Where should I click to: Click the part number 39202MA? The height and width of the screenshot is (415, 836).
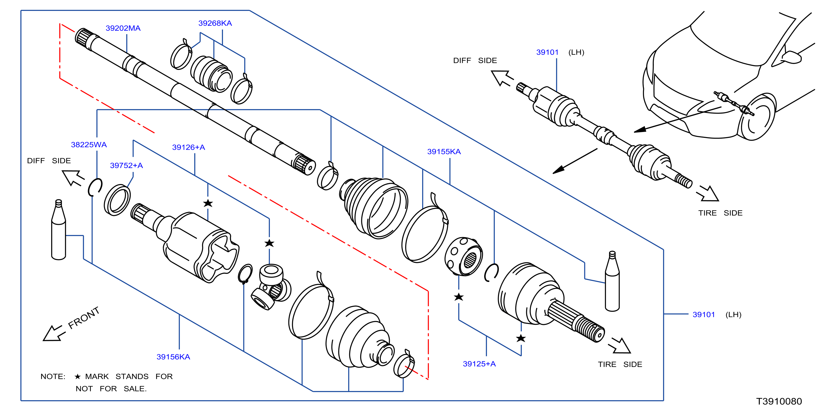pos(123,28)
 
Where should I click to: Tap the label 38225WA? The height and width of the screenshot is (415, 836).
pos(89,145)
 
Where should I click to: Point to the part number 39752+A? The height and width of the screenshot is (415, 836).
pos(127,166)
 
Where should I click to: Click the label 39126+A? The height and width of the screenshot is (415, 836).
pos(189,147)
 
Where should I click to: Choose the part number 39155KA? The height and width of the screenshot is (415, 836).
pos(444,152)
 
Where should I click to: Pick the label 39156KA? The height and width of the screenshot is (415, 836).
pos(173,357)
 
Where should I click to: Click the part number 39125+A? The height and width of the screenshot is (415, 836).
pos(479,364)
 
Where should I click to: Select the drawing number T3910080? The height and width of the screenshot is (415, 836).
pos(779,401)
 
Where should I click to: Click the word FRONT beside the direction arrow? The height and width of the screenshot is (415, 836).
pos(84,318)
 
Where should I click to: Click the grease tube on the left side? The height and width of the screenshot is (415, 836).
pos(59,230)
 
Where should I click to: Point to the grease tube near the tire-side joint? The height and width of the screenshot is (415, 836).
pos(612,281)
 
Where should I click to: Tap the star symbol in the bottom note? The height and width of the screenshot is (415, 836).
pos(78,377)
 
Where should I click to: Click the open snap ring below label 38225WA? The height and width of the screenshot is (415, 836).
pos(95,187)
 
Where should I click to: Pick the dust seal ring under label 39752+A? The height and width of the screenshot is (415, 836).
pos(117,200)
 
